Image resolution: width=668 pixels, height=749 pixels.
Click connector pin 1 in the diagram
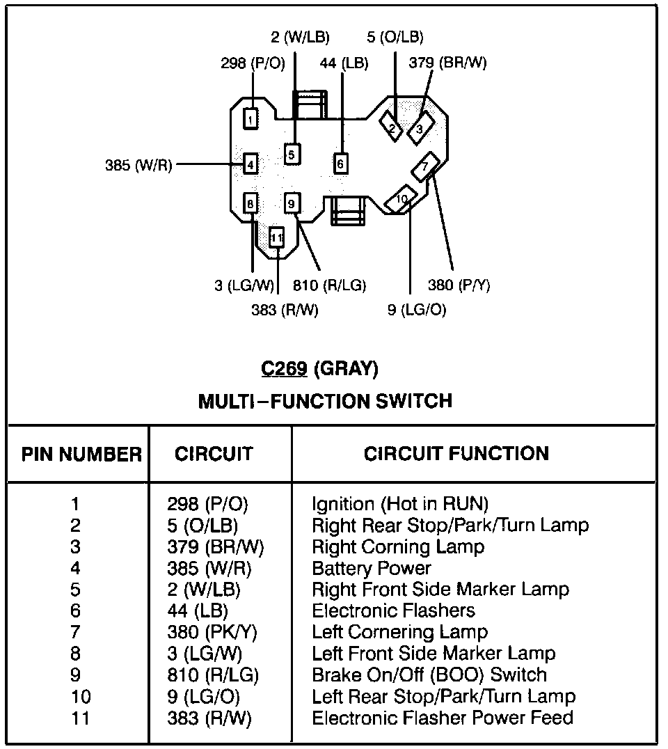[250, 119]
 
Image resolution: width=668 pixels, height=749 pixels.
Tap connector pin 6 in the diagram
[340, 164]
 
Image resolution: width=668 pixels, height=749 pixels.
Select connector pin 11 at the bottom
[277, 237]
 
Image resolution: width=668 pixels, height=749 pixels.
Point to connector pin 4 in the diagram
[250, 165]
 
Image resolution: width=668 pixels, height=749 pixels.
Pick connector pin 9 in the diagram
[292, 203]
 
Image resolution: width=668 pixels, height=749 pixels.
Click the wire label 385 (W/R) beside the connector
[138, 166]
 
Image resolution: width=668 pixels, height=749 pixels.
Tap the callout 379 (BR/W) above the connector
[447, 63]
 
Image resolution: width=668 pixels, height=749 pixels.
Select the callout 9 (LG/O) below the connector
[417, 310]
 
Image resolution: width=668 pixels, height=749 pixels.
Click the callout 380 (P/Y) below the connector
[459, 285]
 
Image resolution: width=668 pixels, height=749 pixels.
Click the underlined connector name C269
[284, 369]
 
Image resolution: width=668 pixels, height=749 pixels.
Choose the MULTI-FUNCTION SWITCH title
[326, 401]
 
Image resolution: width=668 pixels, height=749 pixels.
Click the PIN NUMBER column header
[81, 455]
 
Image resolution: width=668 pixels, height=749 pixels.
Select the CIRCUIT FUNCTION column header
[456, 454]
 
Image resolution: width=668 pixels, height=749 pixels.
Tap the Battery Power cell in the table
[372, 568]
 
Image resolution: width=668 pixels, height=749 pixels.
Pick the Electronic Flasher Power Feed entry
[443, 718]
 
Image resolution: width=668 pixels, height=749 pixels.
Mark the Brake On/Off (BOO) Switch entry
[429, 675]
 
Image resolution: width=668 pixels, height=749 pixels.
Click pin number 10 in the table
[81, 696]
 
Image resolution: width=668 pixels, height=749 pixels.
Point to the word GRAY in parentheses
[346, 369]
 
